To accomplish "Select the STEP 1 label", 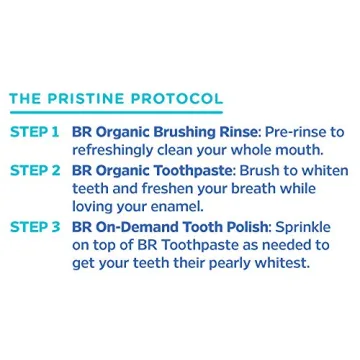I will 34,132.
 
